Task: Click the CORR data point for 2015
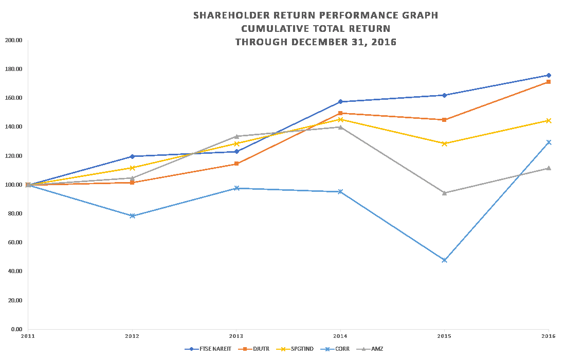pyautogui.click(x=444, y=260)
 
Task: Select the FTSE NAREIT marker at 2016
pyautogui.click(x=549, y=75)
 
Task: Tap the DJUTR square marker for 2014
pyautogui.click(x=340, y=113)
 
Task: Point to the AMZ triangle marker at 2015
pyautogui.click(x=444, y=193)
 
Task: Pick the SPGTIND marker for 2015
pyautogui.click(x=444, y=143)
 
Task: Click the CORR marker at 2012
pyautogui.click(x=132, y=215)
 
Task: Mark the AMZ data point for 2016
pyautogui.click(x=549, y=168)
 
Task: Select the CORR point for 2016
pyautogui.click(x=549, y=142)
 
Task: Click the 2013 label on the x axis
pyautogui.click(x=236, y=336)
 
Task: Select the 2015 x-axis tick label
pyautogui.click(x=444, y=336)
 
